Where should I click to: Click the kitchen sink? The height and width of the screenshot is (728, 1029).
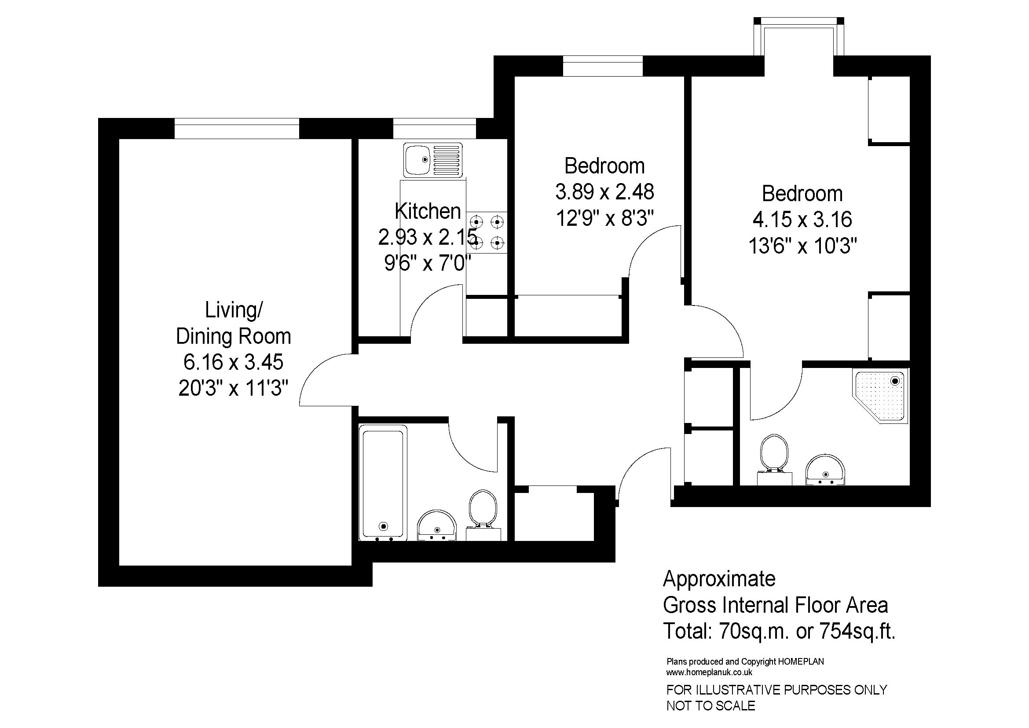(433, 160)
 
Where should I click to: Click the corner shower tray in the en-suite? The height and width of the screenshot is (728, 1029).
(880, 396)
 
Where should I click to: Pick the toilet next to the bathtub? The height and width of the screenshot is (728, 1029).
(483, 515)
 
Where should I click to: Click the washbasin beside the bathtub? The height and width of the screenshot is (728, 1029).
(437, 526)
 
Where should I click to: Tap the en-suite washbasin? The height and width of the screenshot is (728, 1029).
(825, 469)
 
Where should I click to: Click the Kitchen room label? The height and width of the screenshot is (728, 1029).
(428, 211)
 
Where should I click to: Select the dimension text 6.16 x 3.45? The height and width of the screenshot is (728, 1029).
(233, 362)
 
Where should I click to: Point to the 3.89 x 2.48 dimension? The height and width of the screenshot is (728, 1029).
(604, 192)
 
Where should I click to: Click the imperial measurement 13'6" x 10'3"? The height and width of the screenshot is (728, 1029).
(803, 246)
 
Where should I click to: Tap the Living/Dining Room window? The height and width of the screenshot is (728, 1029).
(237, 129)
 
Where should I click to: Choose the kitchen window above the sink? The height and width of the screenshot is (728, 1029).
(434, 129)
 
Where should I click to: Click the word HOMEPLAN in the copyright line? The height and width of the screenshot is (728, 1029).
(801, 661)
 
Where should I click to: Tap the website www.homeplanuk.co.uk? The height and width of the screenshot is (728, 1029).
(709, 673)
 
